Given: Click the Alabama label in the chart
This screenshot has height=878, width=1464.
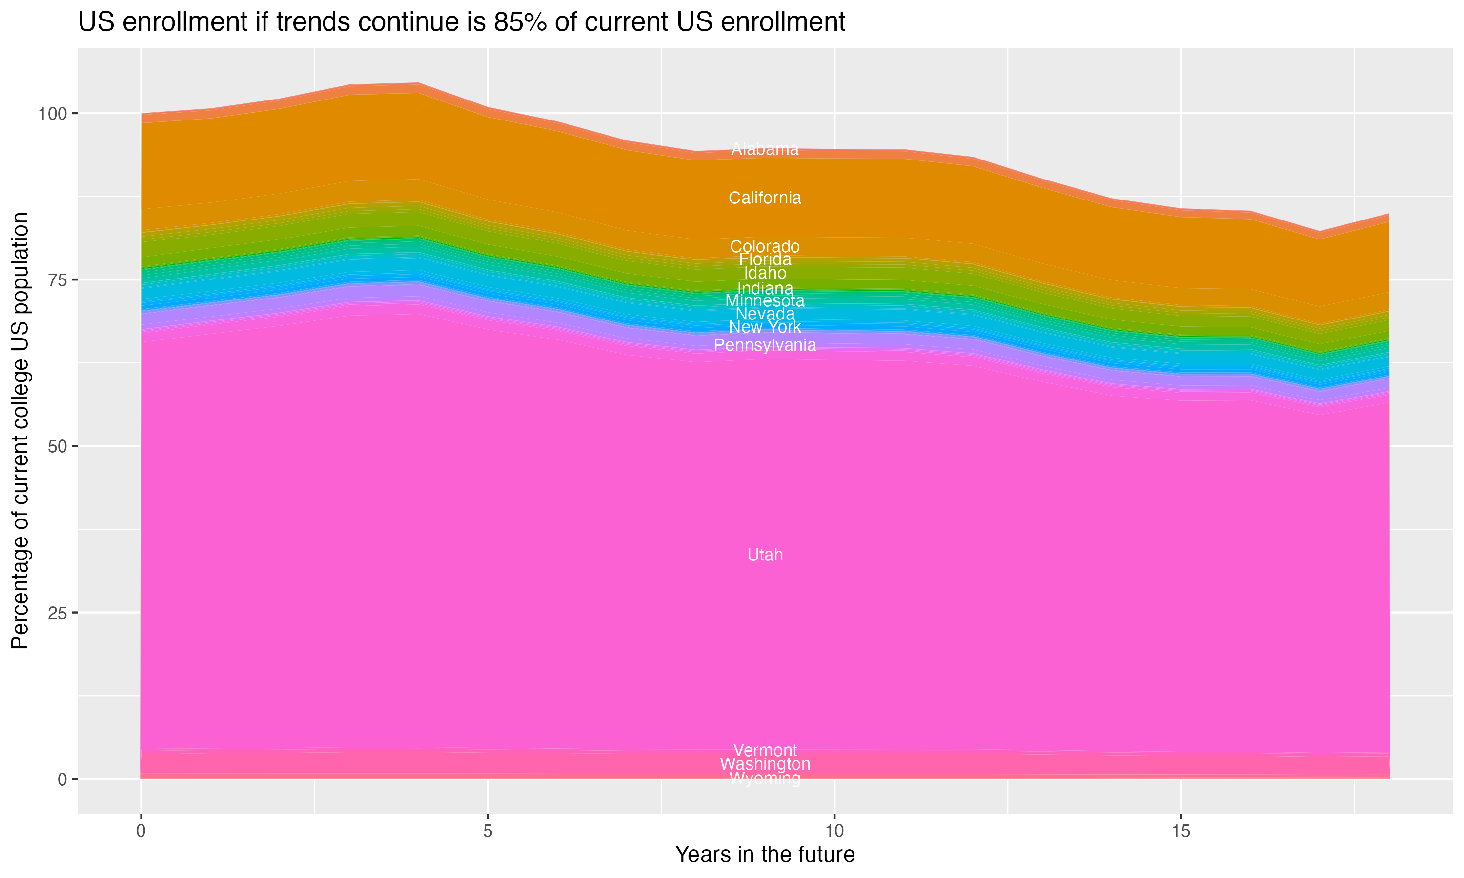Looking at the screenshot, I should (765, 149).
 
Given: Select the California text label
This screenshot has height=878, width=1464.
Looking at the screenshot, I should (765, 198).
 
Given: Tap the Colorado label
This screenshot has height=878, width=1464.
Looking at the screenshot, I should (765, 246).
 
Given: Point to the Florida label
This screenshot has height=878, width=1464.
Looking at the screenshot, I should (765, 259).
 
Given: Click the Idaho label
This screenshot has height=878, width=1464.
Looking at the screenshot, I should (765, 273).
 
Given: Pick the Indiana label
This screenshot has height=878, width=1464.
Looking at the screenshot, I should (765, 288).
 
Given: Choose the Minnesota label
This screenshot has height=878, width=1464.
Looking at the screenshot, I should (765, 300).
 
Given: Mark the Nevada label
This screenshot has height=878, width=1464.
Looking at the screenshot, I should (765, 314).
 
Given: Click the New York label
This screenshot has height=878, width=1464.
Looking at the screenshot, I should (765, 327).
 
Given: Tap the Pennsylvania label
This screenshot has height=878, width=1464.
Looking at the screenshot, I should (765, 345).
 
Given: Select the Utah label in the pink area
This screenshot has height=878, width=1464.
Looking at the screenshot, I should (765, 555).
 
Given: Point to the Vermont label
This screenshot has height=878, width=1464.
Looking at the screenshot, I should (765, 750).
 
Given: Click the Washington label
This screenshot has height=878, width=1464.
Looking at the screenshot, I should (765, 764).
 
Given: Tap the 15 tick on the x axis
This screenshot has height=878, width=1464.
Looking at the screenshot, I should (1180, 831).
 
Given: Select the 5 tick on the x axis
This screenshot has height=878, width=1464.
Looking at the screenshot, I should (488, 831).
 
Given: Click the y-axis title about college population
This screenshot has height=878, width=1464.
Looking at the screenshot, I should (20, 430).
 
